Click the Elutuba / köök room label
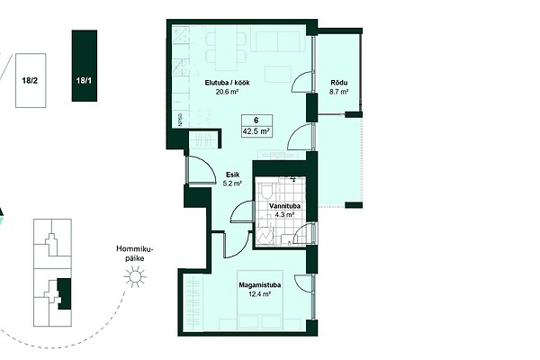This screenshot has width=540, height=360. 228,83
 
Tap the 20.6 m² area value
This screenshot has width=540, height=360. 228,92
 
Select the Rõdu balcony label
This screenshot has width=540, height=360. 339,83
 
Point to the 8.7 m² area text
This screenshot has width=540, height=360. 339,92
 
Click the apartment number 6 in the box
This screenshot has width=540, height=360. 256,121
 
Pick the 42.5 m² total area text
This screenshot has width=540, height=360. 256,131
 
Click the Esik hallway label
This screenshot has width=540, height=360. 232,175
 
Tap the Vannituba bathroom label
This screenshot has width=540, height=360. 284,206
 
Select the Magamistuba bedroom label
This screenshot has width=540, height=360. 260,285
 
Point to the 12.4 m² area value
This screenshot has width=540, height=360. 260,294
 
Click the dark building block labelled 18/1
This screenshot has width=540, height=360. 85,66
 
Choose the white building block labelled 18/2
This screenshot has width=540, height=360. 31,80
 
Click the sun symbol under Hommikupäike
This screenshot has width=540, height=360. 135,276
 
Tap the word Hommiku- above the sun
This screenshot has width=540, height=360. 135,249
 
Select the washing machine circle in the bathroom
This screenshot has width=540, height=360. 264,236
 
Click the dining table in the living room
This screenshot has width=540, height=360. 226,50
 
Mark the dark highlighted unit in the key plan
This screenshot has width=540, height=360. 65,293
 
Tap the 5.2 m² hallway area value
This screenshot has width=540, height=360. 232,184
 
